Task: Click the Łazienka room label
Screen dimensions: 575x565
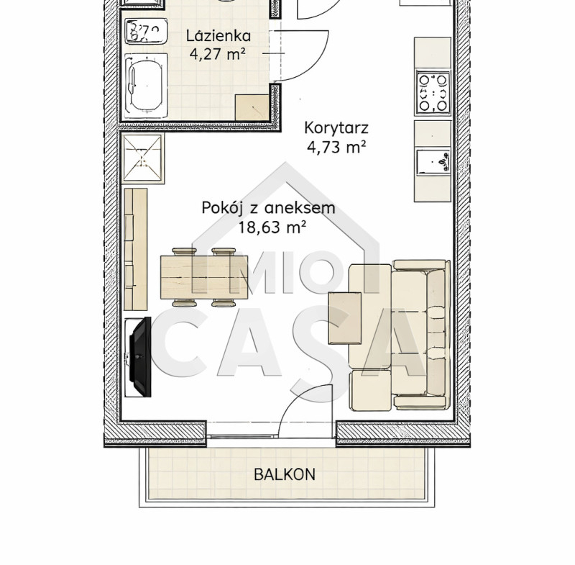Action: coord(218,36)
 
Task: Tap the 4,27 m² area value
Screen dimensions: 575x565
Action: coord(218,54)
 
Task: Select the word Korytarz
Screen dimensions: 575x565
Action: coord(336,128)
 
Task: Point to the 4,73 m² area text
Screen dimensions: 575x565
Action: coord(336,148)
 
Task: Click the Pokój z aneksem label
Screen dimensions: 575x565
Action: coord(268,208)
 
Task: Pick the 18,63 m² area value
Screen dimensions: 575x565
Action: coord(272,227)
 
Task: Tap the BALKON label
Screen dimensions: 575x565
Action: coord(285,474)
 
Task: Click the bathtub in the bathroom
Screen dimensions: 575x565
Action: coord(146,86)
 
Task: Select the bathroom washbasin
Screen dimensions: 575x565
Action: coord(147,31)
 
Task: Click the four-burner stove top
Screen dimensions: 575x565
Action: coord(433,93)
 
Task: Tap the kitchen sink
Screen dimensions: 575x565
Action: coord(433,161)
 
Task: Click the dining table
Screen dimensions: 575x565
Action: coord(204,277)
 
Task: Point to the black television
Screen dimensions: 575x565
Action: coord(141,356)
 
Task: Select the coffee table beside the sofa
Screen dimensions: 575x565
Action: coord(345,318)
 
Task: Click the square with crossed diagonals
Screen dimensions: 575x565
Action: coord(143,158)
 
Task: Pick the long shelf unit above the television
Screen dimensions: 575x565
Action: coord(136,250)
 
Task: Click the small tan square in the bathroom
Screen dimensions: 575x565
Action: coord(252,107)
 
